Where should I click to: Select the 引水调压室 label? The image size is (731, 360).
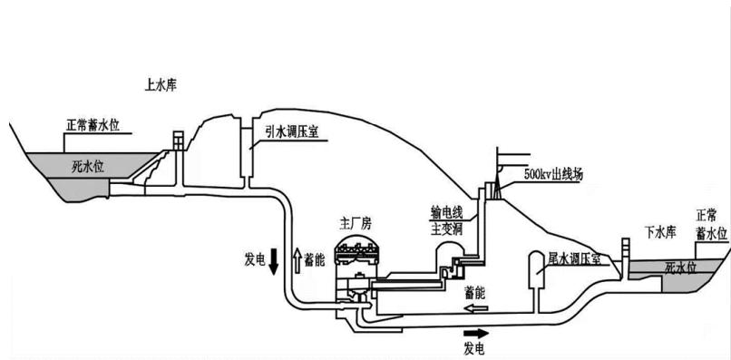click(292, 131)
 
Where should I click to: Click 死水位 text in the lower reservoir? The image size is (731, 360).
click(680, 268)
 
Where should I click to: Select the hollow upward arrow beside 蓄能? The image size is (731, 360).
click(296, 261)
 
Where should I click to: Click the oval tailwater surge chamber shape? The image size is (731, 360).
click(536, 270)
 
